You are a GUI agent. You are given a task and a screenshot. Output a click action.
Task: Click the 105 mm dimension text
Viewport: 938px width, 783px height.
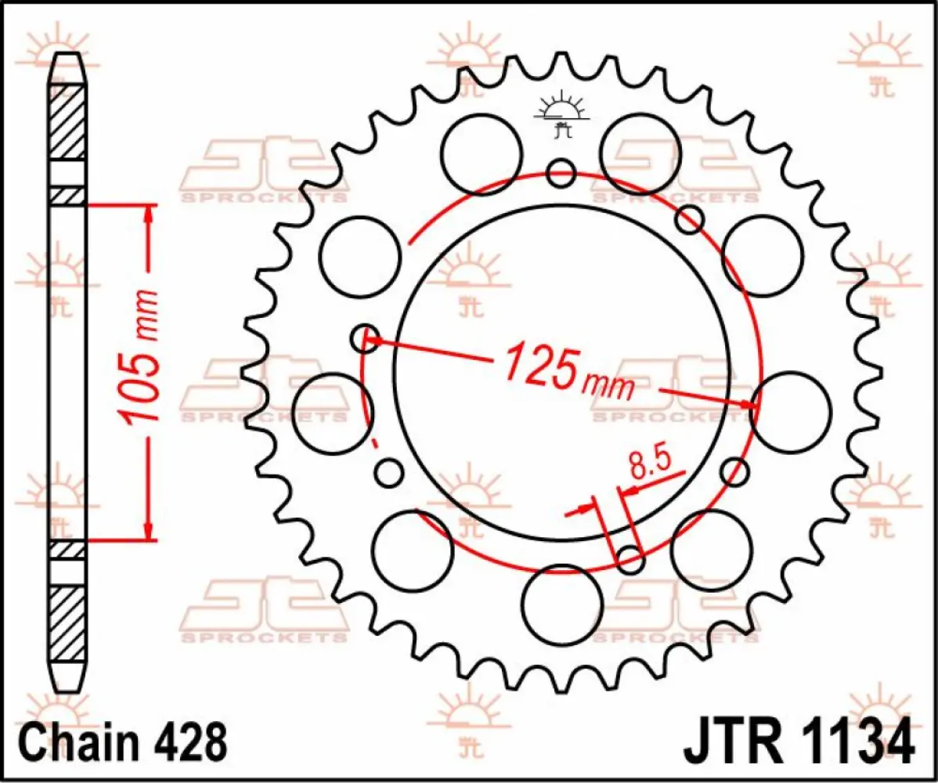click(141, 356)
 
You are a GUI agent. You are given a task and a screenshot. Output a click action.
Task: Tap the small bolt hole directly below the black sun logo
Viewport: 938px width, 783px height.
click(561, 173)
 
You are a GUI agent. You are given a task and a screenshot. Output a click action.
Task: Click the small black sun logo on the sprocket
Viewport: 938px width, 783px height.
click(561, 115)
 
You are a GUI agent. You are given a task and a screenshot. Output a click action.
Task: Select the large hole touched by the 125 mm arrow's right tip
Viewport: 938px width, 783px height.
click(789, 412)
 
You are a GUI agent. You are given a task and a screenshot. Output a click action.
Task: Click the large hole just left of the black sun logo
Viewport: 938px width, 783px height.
click(481, 150)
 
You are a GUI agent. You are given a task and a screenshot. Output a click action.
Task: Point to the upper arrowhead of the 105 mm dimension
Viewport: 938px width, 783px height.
click(148, 215)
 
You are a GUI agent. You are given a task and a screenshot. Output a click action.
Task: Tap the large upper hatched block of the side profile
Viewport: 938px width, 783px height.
click(67, 121)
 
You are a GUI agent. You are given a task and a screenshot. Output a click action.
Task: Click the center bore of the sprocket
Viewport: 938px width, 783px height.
click(561, 373)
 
